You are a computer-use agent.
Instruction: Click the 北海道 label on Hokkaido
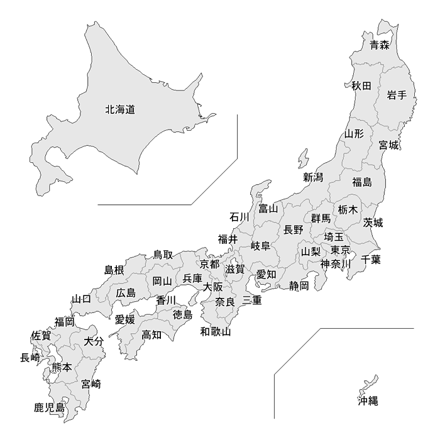(x=120, y=109)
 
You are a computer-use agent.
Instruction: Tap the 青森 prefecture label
(x=379, y=45)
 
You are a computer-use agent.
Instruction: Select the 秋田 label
(x=361, y=85)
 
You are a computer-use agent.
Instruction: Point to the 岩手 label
(x=397, y=96)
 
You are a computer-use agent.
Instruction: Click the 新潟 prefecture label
(x=313, y=177)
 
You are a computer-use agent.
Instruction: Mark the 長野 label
(x=294, y=229)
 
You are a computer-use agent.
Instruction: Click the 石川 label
(x=239, y=217)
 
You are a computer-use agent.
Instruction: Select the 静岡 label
(x=299, y=286)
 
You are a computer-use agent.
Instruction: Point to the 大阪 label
(x=212, y=287)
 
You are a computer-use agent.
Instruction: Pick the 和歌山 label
(x=216, y=331)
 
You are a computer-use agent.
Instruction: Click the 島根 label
(x=114, y=270)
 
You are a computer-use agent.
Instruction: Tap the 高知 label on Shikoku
(x=151, y=334)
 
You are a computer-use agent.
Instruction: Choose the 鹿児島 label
(x=50, y=408)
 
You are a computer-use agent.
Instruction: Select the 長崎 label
(x=30, y=358)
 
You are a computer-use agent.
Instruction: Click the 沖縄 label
(x=368, y=400)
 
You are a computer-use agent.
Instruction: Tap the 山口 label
(x=81, y=299)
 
